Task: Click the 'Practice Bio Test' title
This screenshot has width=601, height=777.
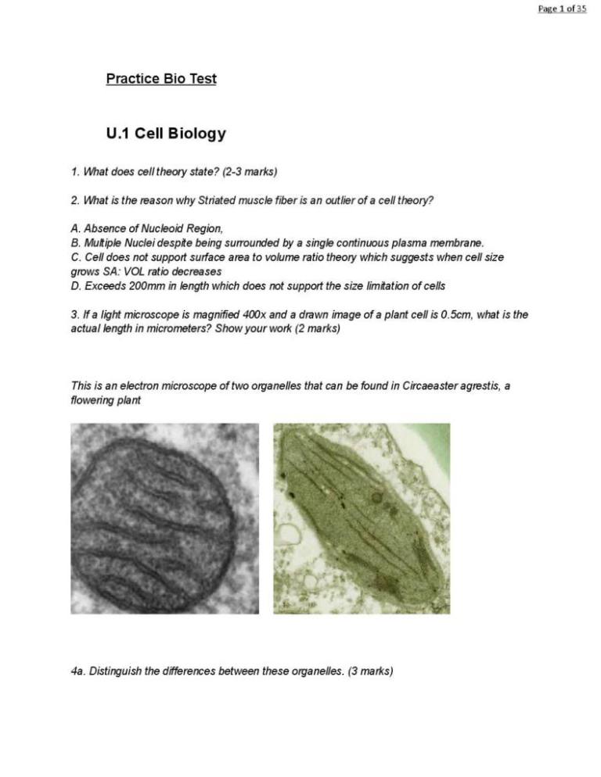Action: [x=161, y=79]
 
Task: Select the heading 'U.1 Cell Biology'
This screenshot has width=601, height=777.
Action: [x=166, y=134]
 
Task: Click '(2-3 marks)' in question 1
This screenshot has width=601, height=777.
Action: [x=250, y=171]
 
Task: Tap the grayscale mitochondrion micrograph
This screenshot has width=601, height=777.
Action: [x=164, y=518]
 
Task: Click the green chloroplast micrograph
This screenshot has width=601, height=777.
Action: [x=362, y=518]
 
